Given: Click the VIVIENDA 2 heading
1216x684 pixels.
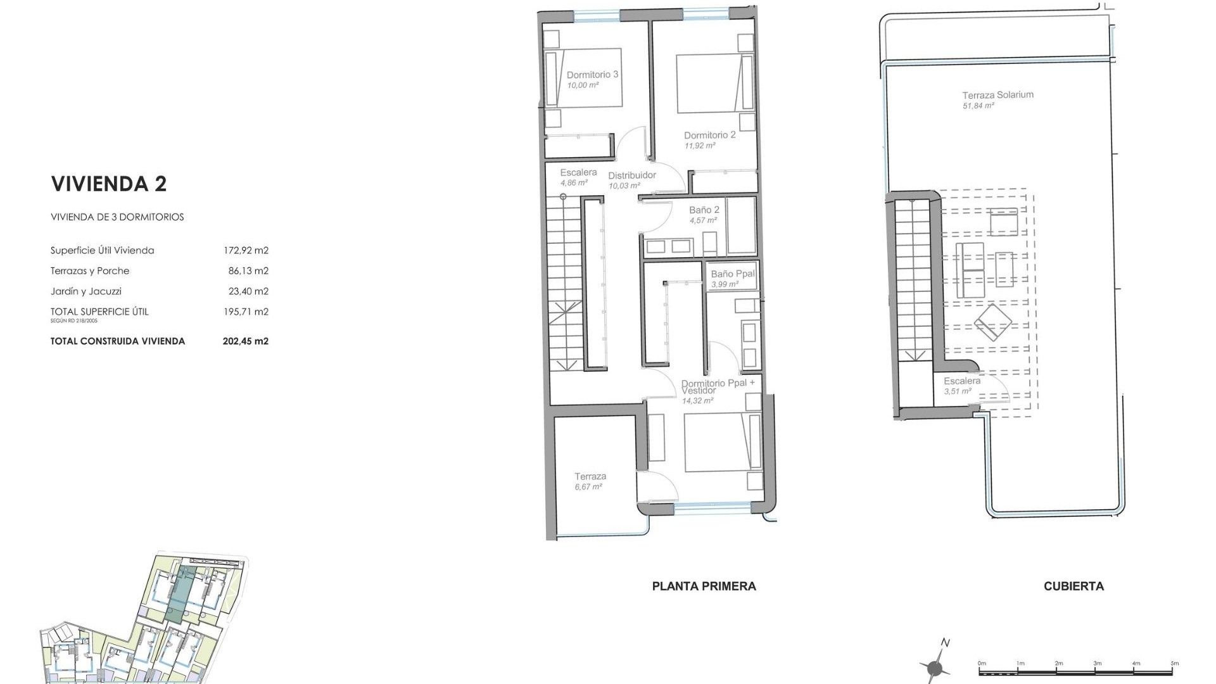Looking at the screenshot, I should pos(108,184).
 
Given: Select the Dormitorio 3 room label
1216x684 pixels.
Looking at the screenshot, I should pos(592,75).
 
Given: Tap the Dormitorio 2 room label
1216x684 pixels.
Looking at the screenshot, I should pos(709,135).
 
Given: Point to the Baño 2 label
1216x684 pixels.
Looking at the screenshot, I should pos(704,210).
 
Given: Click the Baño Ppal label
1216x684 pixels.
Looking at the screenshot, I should pos(733,274).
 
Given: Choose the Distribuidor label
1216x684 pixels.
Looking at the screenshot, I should pos(632,175).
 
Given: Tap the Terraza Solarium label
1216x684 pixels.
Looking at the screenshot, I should pos(997,95).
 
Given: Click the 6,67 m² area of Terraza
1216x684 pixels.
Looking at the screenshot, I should pos(588,487).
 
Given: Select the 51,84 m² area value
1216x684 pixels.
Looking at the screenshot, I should pos(978,106).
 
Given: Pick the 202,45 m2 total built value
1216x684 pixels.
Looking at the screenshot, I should pos(246,341).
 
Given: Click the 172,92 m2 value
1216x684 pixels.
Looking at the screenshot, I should pos(246,251).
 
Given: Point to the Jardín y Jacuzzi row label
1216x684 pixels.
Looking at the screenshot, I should pos(86,291).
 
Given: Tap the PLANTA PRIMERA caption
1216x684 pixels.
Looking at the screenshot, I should pos(704,586).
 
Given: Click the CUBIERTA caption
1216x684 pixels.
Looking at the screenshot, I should pos(1073,586).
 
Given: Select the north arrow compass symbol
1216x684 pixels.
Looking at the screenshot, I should pos(935,666).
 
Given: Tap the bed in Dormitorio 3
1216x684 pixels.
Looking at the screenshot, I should pos(583,77).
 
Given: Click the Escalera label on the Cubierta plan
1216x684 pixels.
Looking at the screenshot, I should pos(961,381).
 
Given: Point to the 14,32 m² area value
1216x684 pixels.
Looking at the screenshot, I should pos(697,401).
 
